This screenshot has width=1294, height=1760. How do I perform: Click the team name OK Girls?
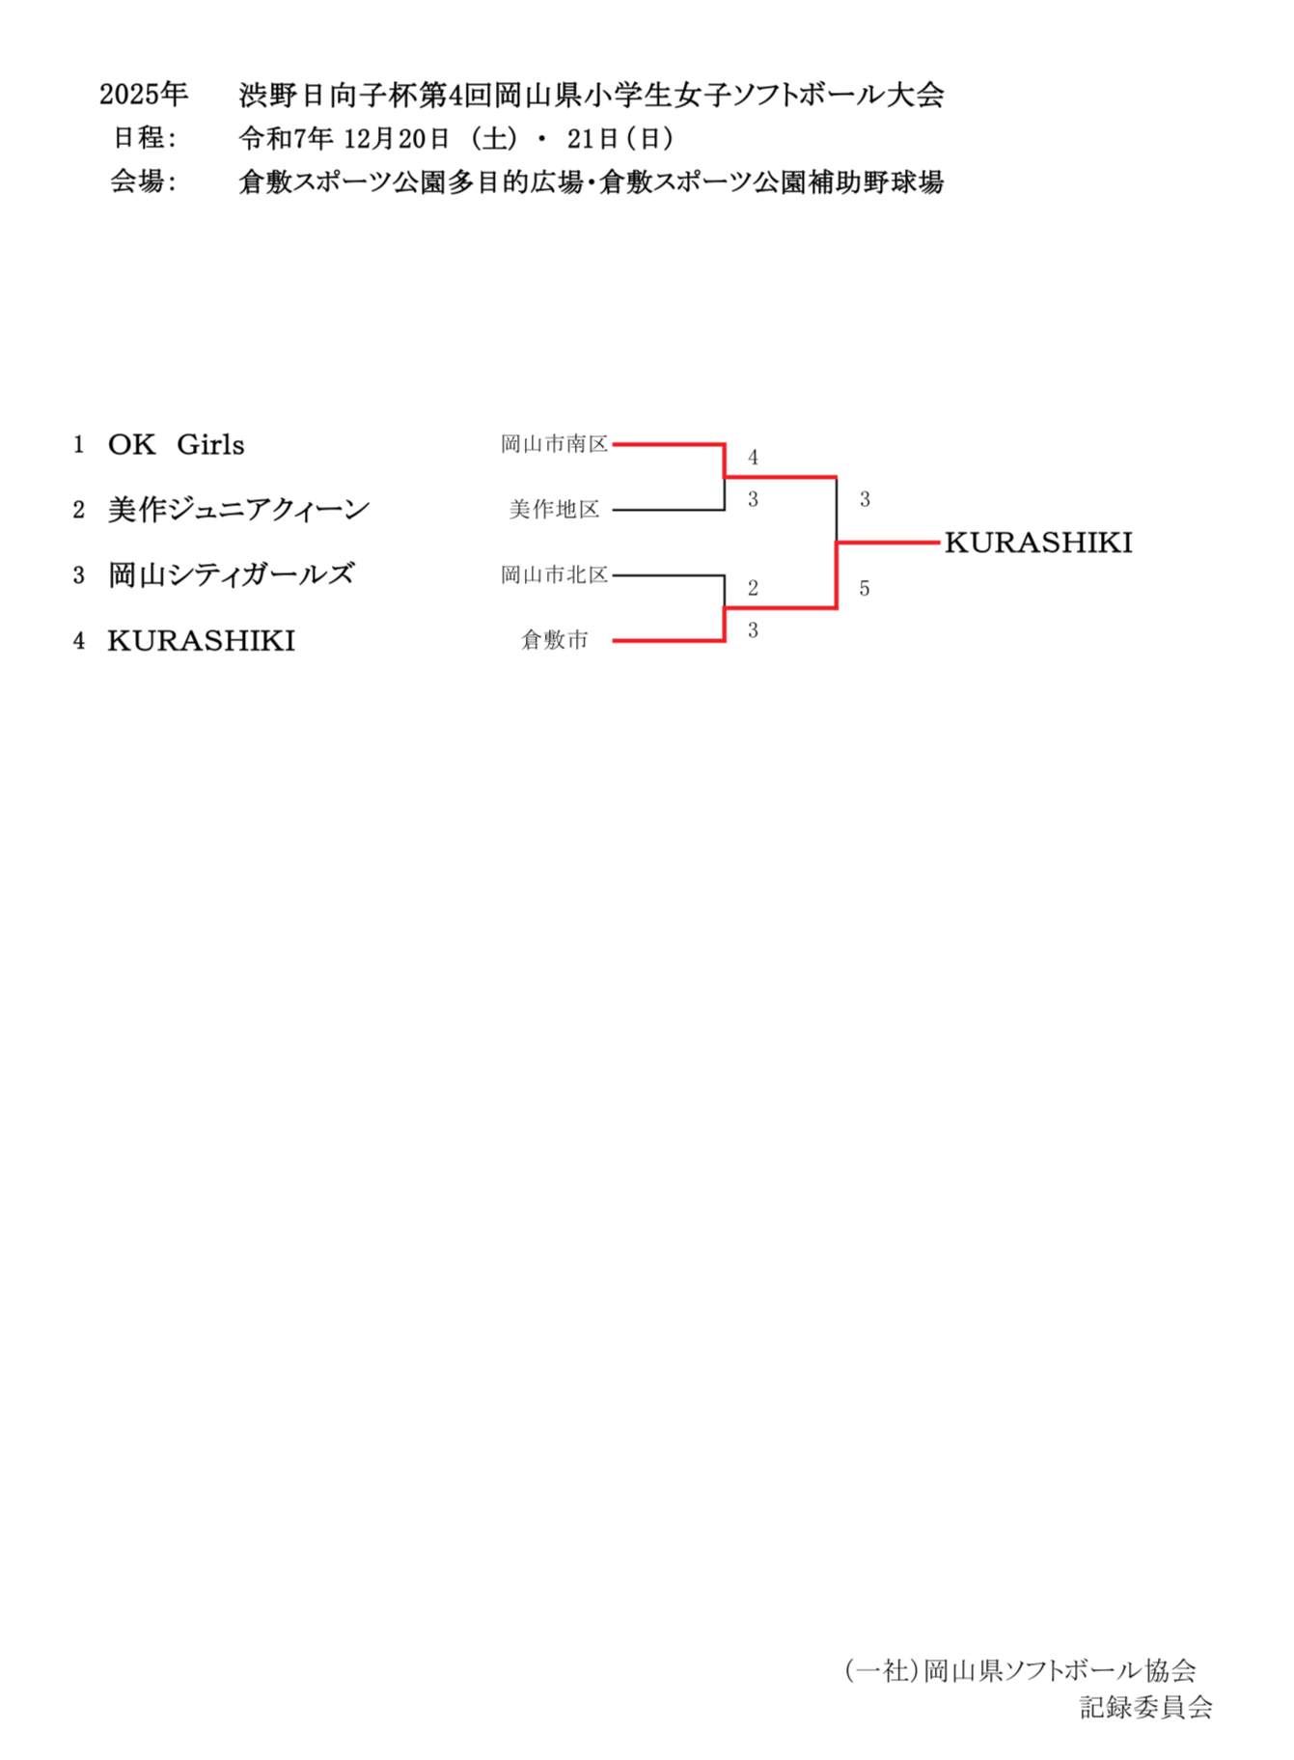tap(176, 445)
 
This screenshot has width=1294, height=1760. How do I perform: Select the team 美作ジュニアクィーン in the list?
tap(238, 510)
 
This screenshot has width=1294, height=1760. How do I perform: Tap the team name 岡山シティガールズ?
tap(231, 575)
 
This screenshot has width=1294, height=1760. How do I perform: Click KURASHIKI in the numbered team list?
tap(201, 641)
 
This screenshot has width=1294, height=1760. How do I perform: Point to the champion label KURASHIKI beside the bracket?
tap(1038, 543)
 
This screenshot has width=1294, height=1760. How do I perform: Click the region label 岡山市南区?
tap(554, 444)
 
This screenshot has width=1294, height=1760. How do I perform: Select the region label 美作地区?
tap(554, 510)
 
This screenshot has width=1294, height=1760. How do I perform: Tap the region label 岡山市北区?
tap(554, 575)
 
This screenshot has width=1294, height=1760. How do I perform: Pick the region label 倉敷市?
tap(554, 640)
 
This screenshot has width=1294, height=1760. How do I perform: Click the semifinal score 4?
tap(753, 458)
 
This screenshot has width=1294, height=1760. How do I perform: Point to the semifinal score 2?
tap(753, 588)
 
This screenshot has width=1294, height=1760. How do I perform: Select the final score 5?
tap(865, 588)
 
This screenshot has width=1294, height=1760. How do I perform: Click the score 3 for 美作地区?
tap(753, 499)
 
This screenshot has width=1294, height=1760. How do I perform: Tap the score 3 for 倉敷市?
tap(753, 630)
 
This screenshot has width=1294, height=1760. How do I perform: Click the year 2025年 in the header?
tap(143, 95)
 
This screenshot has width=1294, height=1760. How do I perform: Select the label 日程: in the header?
tap(145, 138)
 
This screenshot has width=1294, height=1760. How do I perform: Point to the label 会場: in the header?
tap(143, 182)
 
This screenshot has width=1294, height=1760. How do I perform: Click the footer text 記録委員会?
tap(1145, 1707)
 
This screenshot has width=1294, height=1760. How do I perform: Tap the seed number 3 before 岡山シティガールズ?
tap(79, 576)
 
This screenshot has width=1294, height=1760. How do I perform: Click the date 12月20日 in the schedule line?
tap(397, 139)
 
